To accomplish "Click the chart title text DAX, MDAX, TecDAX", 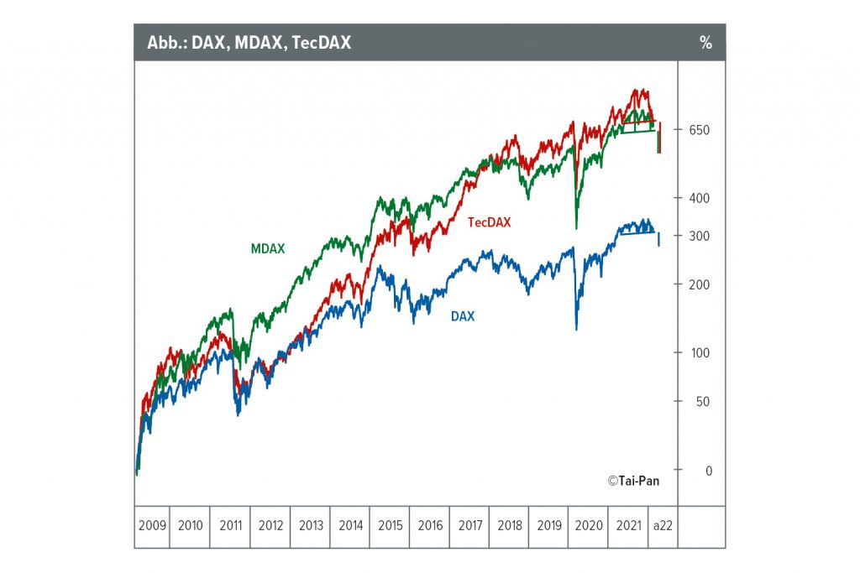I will (x=249, y=43).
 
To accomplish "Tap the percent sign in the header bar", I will (x=705, y=43).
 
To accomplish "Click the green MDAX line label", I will (x=268, y=249).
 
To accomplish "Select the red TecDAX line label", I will (x=489, y=222).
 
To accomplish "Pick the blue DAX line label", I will (x=462, y=316).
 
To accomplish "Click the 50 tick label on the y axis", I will (x=702, y=401).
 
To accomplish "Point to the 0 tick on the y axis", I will (x=707, y=471).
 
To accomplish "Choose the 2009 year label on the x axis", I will (x=152, y=526).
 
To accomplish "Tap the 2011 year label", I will (x=231, y=526).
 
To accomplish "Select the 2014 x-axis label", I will (x=350, y=526).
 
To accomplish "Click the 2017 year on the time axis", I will (x=469, y=526).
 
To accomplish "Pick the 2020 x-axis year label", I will (x=588, y=526).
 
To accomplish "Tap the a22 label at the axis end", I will (x=663, y=526).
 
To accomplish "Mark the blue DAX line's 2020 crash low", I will (x=576, y=328).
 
